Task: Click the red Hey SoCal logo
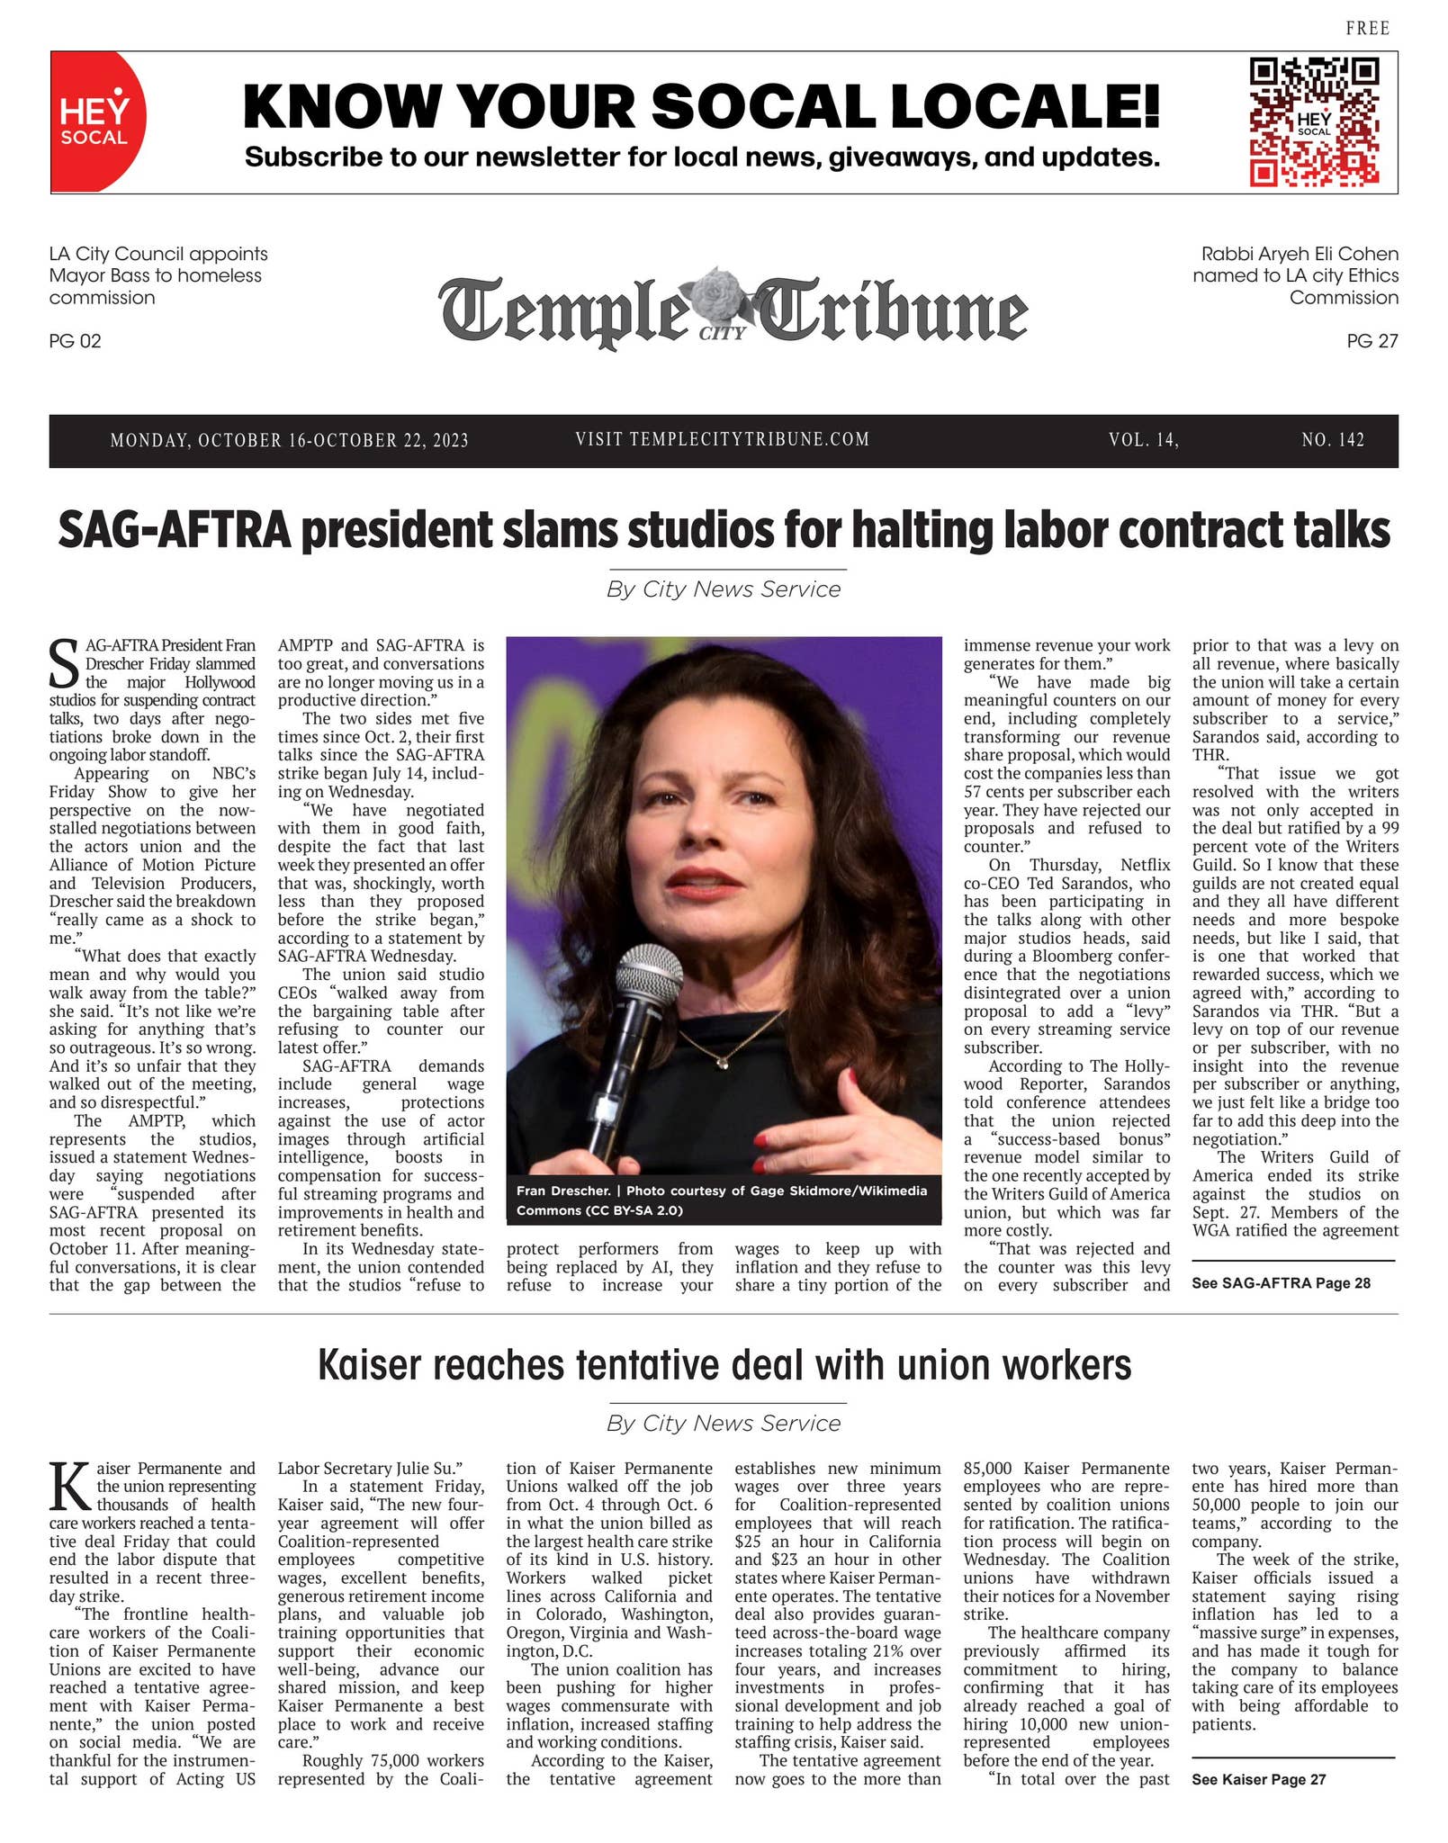coord(96,121)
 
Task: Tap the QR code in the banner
coord(1313,121)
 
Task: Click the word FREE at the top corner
coord(1367,29)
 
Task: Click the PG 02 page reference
coord(76,341)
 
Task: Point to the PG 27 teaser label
coord(1372,341)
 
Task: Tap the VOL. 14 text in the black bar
coord(1143,440)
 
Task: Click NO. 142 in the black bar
coord(1332,440)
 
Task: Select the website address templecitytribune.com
coord(722,439)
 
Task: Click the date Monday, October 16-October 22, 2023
coord(289,440)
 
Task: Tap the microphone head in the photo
coord(650,973)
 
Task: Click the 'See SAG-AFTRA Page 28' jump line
coord(1281,1283)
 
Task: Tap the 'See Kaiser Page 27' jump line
coord(1258,1779)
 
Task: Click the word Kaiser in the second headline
coord(369,1365)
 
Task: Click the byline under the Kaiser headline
coord(724,1423)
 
